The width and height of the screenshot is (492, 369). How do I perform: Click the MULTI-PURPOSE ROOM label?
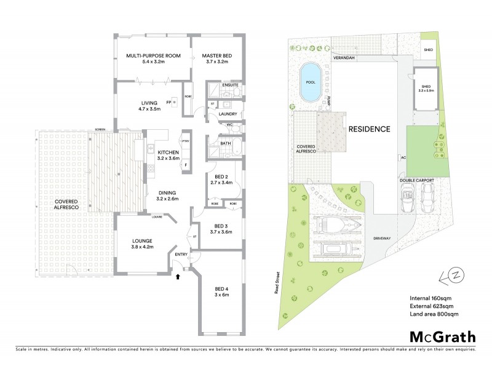[x=153, y=56]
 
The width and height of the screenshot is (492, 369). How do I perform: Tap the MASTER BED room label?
[x=215, y=56]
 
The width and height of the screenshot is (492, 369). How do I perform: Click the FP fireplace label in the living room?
[x=168, y=101]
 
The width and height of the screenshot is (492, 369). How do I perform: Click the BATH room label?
[x=226, y=143]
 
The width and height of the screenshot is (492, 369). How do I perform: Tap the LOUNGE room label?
[x=141, y=240]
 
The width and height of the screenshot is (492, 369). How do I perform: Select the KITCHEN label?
[x=168, y=152]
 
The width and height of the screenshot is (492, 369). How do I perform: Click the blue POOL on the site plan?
[x=309, y=82]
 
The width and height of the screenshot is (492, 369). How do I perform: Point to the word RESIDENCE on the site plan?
[x=369, y=129]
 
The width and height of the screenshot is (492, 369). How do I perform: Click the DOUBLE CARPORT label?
[x=417, y=180]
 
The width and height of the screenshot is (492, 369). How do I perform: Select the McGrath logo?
[x=443, y=336]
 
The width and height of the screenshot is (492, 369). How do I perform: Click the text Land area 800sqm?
[x=434, y=314]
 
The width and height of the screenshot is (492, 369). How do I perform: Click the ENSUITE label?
[x=231, y=85]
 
